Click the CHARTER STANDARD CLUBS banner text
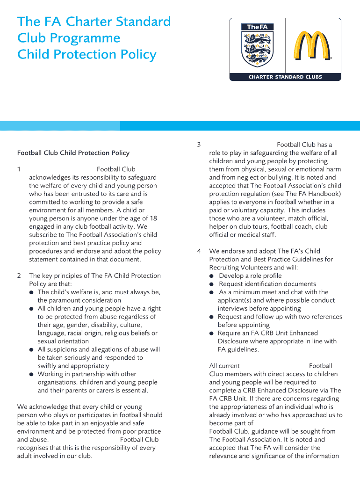[285, 77]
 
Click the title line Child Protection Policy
[86, 55]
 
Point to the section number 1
[19, 169]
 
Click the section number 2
[19, 276]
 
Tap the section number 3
[199, 145]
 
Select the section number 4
[199, 251]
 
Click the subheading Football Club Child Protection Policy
[73, 153]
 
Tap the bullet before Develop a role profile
[212, 276]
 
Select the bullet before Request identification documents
[212, 284]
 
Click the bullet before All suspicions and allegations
[31, 350]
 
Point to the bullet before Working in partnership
[31, 374]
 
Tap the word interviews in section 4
[232, 309]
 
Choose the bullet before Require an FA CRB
[212, 334]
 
